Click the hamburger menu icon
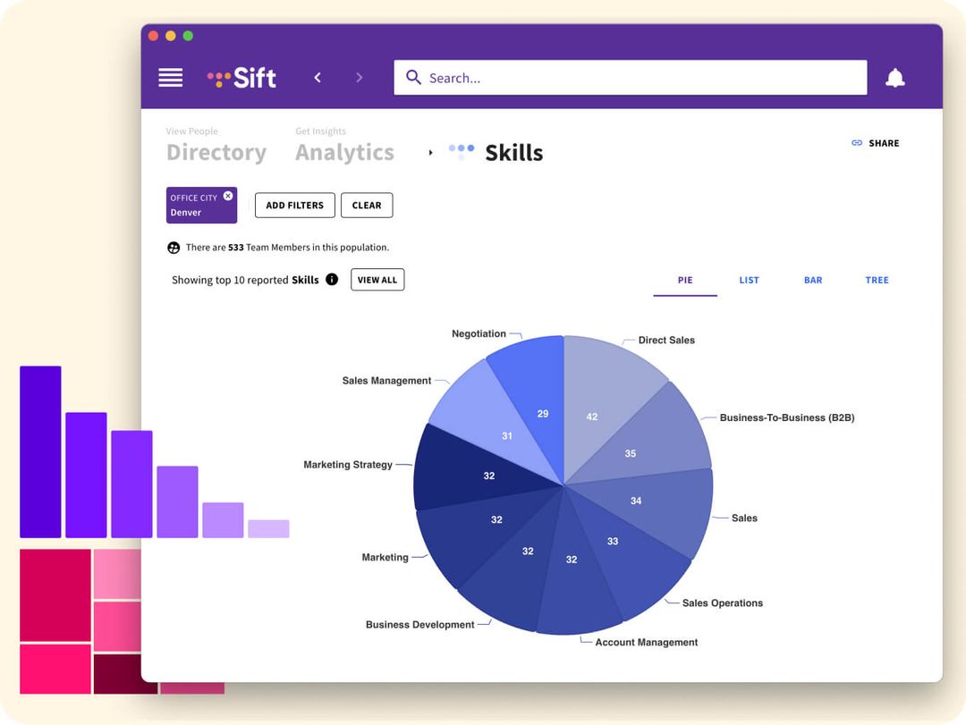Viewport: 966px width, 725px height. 170,78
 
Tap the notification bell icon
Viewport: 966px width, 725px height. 894,78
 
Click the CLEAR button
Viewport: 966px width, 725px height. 367,206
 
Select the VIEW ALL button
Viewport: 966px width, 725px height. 377,280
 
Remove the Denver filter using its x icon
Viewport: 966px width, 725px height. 228,196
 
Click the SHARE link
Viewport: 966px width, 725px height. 876,143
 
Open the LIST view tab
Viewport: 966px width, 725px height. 749,280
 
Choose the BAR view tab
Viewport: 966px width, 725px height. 812,280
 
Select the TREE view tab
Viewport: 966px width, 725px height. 877,280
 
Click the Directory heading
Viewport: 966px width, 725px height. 216,153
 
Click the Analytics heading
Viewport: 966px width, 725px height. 344,153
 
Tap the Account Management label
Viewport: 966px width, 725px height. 646,642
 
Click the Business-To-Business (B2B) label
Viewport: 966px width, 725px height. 786,417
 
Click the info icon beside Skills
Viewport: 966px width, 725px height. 332,280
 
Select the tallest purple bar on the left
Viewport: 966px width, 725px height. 40,451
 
